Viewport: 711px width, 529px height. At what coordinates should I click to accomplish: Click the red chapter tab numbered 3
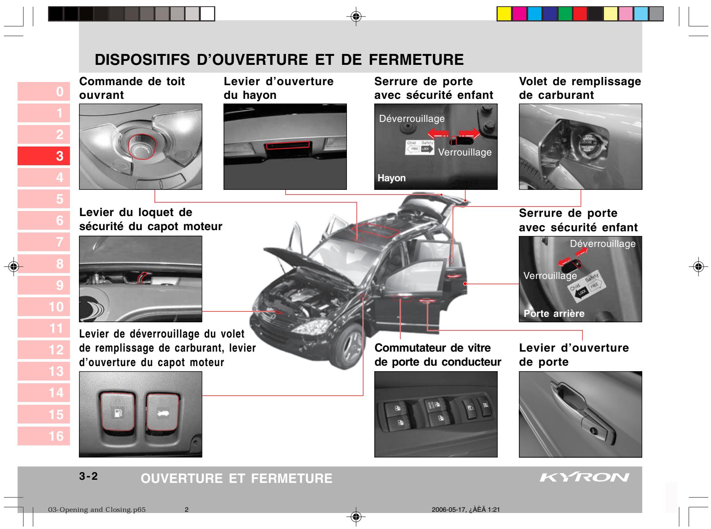[44, 156]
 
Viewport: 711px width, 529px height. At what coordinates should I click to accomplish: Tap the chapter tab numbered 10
[44, 307]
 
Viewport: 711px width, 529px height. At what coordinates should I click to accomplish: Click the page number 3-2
[89, 476]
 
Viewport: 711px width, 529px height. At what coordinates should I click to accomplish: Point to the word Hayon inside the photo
[391, 178]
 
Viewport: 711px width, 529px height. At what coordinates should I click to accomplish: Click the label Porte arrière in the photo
[554, 313]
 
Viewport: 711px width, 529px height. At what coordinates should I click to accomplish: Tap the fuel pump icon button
[117, 413]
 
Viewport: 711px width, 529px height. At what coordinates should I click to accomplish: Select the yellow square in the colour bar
[504, 14]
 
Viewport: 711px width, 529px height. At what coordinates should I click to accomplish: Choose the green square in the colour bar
[565, 14]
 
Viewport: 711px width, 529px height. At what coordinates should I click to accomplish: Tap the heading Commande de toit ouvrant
[132, 88]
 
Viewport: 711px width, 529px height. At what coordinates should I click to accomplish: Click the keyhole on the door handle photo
[593, 431]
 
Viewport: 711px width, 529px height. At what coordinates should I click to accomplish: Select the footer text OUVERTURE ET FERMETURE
[236, 478]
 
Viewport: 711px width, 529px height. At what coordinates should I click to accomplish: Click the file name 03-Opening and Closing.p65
[96, 510]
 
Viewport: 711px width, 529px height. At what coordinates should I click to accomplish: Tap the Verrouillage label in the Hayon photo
[465, 152]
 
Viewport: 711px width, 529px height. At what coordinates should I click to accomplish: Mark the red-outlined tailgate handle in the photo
[288, 145]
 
